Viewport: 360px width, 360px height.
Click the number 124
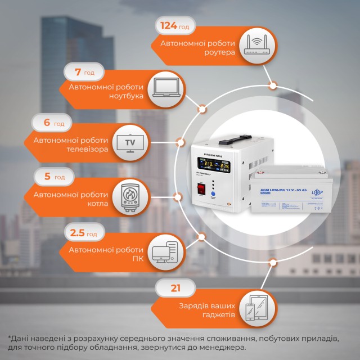169,26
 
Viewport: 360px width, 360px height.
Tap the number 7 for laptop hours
79,73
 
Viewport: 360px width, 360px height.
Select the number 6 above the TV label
46,123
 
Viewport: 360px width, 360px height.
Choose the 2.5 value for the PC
77,233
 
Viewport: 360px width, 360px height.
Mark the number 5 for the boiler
47,177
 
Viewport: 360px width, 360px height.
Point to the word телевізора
80,150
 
